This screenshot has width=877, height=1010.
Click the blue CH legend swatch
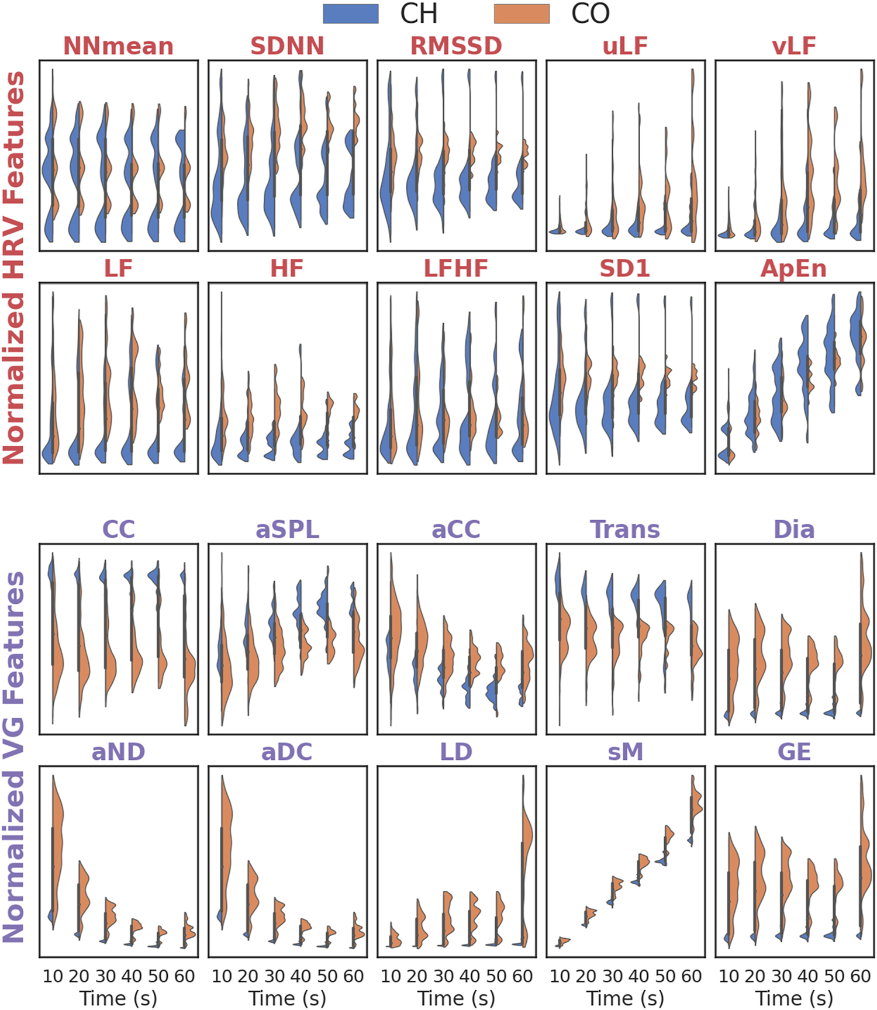(351, 14)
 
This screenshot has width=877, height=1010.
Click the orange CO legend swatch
(522, 14)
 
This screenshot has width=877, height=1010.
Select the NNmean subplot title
(118, 46)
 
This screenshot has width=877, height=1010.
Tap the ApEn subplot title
(794, 269)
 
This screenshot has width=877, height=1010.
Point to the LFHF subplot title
(456, 269)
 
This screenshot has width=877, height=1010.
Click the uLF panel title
(625, 46)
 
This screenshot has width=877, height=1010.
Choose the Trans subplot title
(625, 530)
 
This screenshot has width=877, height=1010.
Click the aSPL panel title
(287, 530)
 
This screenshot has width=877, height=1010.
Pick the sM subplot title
(625, 752)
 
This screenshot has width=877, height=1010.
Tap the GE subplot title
(794, 752)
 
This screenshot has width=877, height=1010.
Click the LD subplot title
(456, 752)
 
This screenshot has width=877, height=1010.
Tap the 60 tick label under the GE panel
(860, 976)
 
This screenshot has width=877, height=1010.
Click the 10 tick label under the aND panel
(53, 976)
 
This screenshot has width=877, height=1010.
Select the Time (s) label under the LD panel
(456, 998)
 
